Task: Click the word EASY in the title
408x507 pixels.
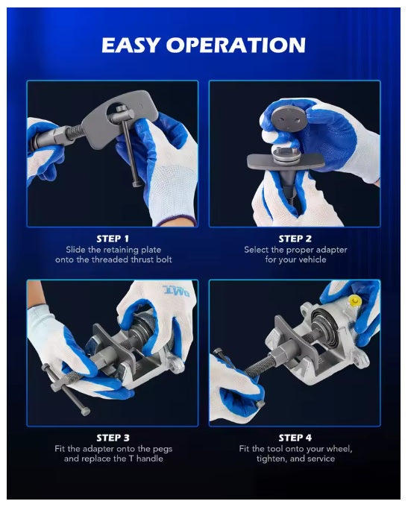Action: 131,45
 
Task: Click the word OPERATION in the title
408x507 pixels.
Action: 236,45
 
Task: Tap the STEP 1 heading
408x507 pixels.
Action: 113,239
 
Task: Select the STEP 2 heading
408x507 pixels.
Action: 295,239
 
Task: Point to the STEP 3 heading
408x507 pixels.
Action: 113,438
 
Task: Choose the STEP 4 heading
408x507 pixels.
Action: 295,438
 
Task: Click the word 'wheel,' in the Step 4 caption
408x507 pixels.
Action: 339,449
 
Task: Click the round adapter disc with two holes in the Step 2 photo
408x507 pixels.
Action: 289,119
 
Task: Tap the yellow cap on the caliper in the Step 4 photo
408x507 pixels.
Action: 354,302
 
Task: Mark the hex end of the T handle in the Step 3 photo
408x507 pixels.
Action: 85,412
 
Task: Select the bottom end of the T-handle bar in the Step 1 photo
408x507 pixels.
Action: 137,184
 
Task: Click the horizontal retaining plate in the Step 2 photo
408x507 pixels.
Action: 286,161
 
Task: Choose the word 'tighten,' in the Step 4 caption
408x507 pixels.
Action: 272,459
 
